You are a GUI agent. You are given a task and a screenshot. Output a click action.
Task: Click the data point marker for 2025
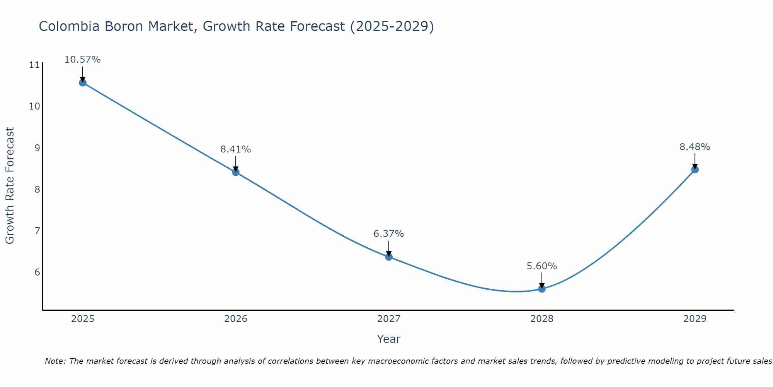coord(83,82)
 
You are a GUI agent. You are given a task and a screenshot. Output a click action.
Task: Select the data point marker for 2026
coord(236,172)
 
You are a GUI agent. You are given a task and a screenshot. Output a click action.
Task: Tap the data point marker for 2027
coord(389,257)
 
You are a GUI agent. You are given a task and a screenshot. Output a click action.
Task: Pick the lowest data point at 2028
coord(542,289)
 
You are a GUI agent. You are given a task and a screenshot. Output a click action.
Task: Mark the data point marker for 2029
coord(695,169)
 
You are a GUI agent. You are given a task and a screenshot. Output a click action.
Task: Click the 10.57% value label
coord(83,60)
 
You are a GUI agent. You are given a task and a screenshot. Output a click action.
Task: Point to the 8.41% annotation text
coord(236,149)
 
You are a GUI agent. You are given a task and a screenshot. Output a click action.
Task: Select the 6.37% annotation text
coord(389,234)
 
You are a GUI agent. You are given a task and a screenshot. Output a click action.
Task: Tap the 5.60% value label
coord(542,266)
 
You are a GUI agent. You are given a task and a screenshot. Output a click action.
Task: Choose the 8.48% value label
coord(695,147)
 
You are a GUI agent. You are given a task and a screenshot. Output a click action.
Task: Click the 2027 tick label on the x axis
coord(389,319)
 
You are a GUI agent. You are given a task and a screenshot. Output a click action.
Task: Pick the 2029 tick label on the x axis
coord(695,319)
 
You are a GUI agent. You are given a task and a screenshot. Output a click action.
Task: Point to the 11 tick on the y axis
coord(34,65)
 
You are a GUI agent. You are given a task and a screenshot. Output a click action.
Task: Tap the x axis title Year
coord(389,339)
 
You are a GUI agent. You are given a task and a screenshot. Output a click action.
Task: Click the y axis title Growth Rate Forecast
coord(10,186)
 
